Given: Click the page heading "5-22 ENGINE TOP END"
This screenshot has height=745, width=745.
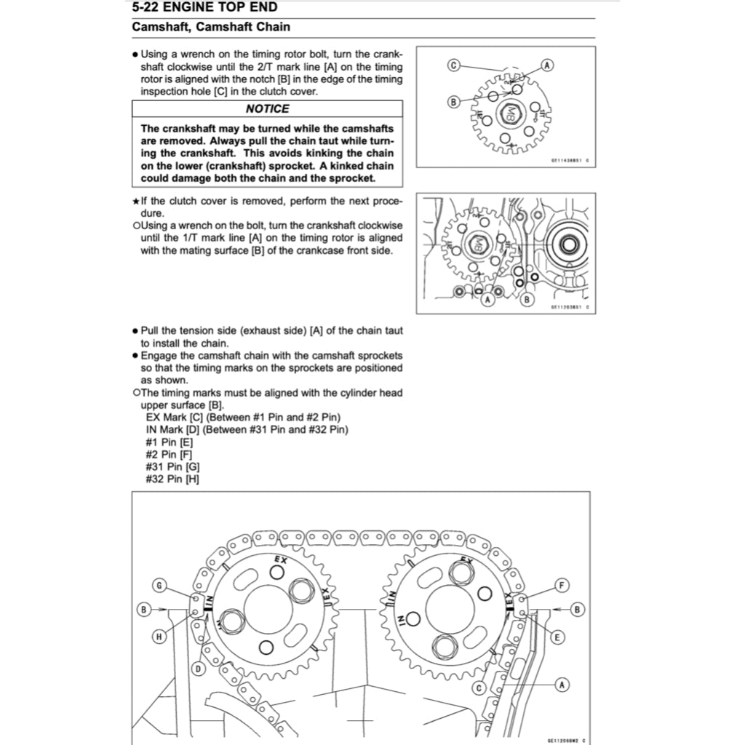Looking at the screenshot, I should tap(204, 9).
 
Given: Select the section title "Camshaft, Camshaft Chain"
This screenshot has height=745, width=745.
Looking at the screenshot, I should tap(211, 28).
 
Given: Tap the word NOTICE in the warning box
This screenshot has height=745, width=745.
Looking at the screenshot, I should tap(267, 108).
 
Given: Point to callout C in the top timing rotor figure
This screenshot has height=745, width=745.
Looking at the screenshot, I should tap(453, 65).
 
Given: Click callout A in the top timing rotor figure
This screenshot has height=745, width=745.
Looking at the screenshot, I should tap(546, 65).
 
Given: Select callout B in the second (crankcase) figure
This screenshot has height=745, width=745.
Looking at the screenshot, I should tap(527, 299).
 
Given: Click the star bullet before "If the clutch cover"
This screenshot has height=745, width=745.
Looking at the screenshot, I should tap(136, 200).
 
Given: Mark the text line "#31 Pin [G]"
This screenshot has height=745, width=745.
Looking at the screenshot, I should tap(173, 466).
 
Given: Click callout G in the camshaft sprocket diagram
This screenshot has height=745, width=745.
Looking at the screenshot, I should tap(160, 585).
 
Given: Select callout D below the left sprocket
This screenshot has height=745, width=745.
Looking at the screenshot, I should tap(198, 668).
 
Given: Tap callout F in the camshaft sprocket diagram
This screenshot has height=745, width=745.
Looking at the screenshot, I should tap(562, 585).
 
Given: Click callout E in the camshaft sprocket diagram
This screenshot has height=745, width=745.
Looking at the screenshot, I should tap(557, 637).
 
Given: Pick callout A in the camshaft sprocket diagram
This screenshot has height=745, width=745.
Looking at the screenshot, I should tap(562, 684).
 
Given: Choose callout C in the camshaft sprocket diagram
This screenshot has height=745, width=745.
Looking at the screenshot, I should tap(479, 688).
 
